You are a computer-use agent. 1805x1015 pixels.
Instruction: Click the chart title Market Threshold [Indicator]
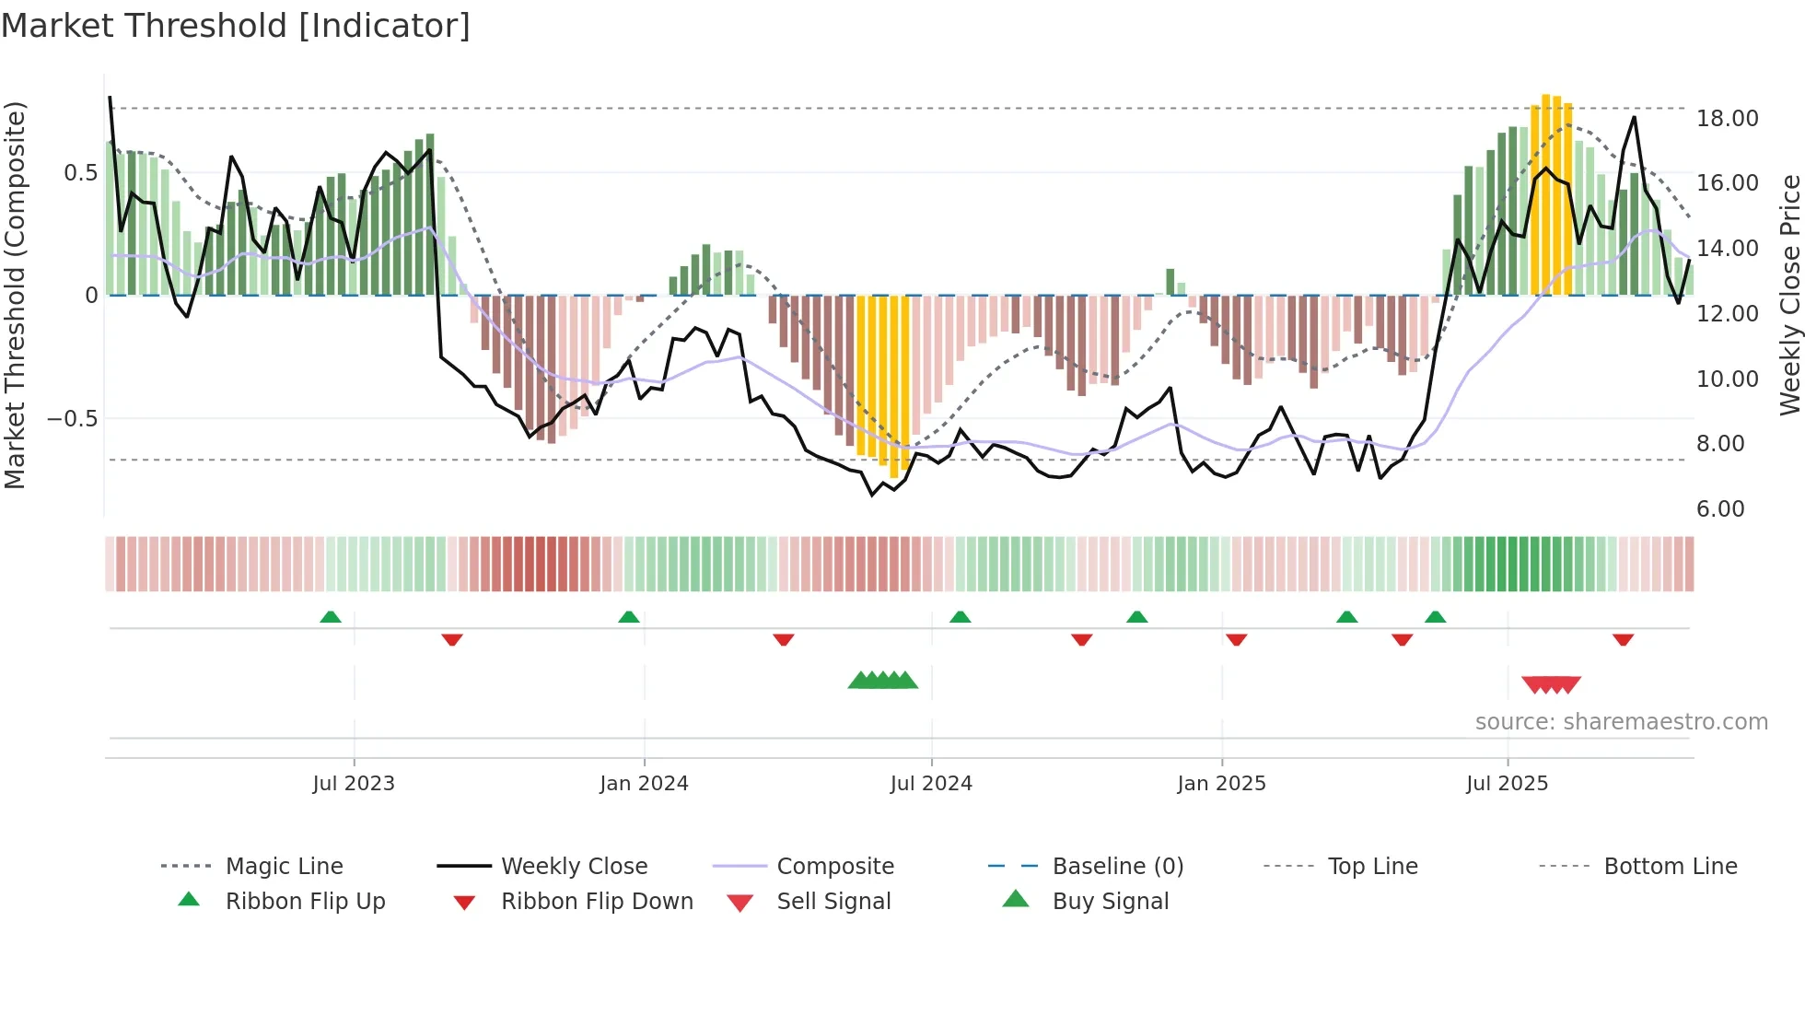coord(236,26)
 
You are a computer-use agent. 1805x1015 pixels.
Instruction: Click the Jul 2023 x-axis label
coord(354,784)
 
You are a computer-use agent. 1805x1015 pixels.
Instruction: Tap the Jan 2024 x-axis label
coord(644,784)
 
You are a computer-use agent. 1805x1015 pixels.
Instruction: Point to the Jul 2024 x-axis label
coord(931,784)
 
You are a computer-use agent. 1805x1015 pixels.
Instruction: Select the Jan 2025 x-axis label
coord(1221,784)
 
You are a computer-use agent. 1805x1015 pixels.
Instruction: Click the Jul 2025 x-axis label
coord(1507,784)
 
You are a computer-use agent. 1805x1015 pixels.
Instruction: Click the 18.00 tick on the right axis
coord(1727,119)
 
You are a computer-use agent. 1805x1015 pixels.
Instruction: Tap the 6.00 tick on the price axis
coord(1720,509)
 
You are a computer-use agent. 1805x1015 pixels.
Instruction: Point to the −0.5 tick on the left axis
coord(73,419)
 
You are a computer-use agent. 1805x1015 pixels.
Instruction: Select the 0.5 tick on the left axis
coord(80,173)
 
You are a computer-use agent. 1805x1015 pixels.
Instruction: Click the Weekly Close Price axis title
coord(1789,295)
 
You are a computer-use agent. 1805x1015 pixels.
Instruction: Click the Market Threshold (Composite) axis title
coord(15,295)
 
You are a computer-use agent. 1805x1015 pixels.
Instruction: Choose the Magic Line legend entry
coord(284,867)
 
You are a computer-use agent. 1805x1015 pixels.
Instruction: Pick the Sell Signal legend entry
coord(833,902)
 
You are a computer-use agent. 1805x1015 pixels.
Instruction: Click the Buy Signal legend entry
coord(1110,902)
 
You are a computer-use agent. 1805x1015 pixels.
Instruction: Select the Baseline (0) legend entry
coord(1117,867)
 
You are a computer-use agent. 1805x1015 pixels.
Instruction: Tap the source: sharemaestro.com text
coord(1621,722)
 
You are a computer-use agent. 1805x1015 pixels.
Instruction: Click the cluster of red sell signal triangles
coord(1551,684)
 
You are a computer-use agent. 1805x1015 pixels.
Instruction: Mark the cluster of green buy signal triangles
coord(882,681)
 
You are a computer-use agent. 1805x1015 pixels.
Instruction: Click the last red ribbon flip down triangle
coord(1623,639)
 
